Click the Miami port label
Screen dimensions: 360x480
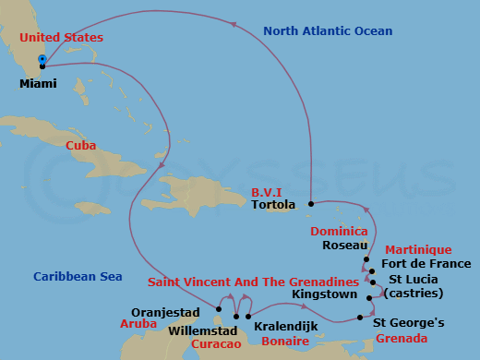click(38, 83)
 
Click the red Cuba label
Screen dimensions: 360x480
click(81, 145)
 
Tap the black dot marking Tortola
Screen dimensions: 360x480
click(311, 203)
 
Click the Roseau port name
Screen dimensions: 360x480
click(342, 246)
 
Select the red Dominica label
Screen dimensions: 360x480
click(339, 231)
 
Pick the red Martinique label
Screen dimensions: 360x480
click(418, 249)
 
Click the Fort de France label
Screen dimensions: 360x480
click(418, 263)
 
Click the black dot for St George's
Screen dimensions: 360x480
click(360, 318)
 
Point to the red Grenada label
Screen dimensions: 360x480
click(402, 339)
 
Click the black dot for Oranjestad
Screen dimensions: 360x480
click(219, 309)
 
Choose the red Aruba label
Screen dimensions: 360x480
click(138, 324)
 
